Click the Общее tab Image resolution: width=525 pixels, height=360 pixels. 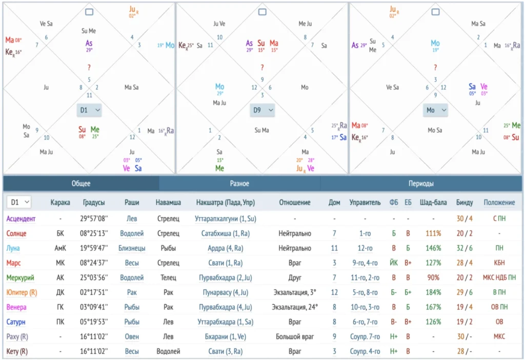(81, 184)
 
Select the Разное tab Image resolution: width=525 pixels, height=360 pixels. (239, 184)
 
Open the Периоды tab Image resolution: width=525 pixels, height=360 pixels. (421, 184)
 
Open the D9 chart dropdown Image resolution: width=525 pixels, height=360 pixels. (262, 110)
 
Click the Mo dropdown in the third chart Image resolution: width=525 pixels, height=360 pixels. (435, 110)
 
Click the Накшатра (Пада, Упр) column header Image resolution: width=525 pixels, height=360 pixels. (226, 203)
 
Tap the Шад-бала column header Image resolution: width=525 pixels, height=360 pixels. (433, 203)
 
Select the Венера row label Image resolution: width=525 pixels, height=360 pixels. (16, 307)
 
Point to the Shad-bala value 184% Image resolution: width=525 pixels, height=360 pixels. (433, 292)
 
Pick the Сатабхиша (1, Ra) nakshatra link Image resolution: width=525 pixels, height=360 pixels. (226, 233)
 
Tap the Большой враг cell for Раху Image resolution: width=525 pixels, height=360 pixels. (294, 337)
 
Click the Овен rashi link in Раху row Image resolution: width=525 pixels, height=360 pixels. (132, 337)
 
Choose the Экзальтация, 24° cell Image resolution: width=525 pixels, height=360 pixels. (294, 307)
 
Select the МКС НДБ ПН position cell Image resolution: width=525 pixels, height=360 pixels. (499, 277)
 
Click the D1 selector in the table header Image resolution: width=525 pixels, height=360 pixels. (18, 203)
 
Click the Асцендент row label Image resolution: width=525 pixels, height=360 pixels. (21, 218)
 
